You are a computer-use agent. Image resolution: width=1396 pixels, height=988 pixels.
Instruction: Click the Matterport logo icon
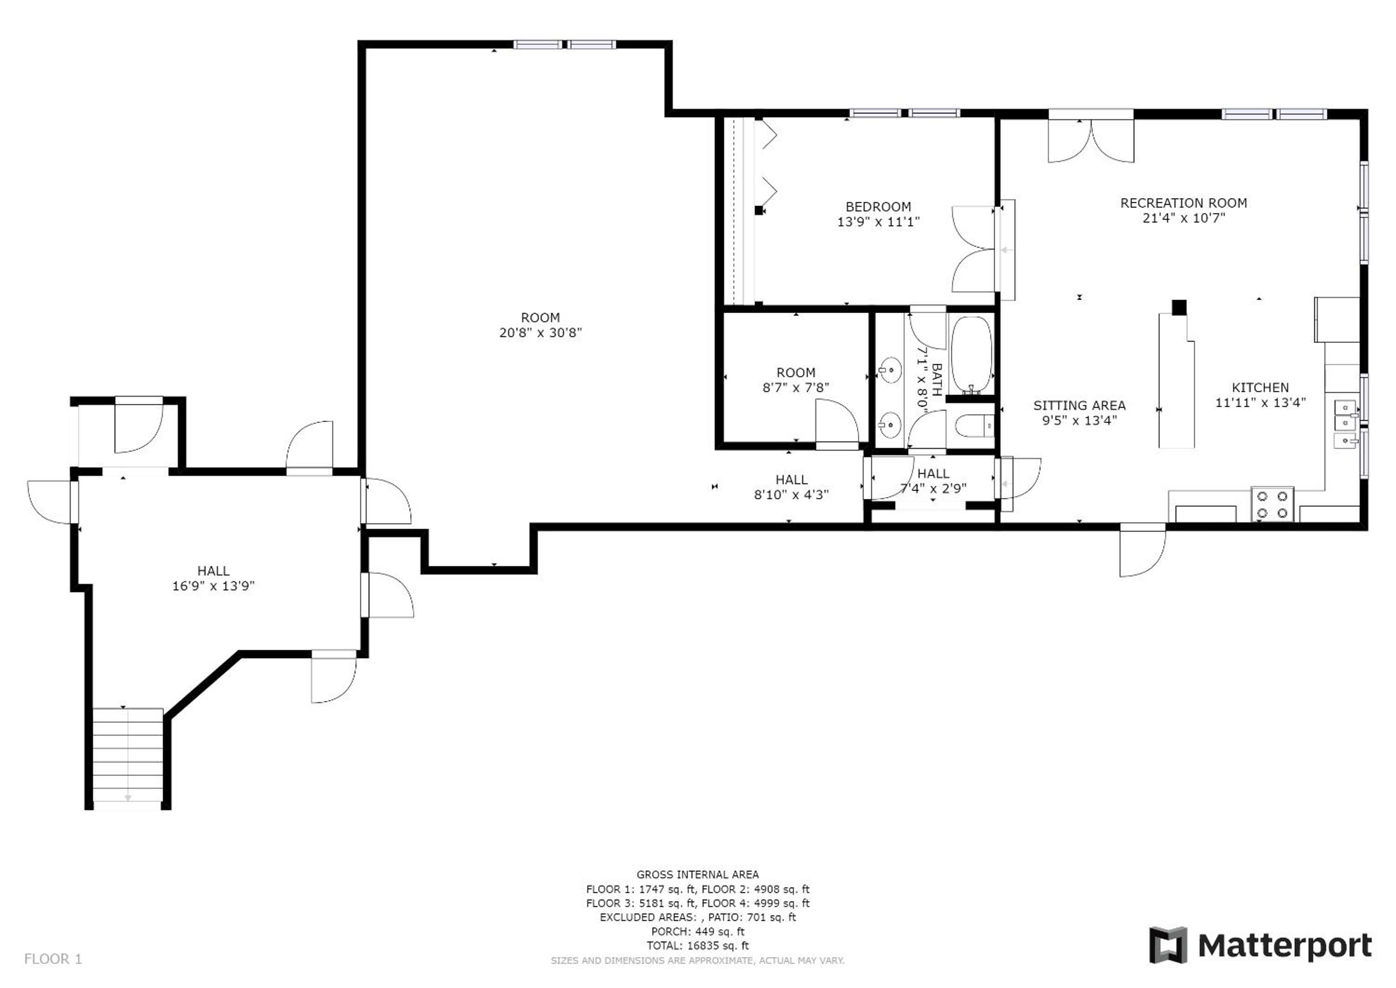tap(1167, 946)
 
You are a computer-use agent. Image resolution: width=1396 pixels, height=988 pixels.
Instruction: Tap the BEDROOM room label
tap(878, 207)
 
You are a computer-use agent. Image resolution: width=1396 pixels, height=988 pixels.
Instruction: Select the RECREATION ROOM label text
tap(1183, 203)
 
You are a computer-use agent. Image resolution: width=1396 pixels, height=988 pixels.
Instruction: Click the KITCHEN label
tap(1260, 387)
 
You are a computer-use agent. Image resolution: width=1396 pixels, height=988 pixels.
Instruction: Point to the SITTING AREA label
tap(1079, 405)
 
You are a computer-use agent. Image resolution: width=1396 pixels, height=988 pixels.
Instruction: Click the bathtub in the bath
tap(971, 355)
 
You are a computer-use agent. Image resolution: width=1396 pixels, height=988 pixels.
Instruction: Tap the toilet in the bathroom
tap(974, 425)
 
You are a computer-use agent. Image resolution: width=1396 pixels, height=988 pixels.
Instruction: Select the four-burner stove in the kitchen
tap(1272, 504)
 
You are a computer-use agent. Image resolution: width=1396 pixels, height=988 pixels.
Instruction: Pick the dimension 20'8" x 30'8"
tap(541, 333)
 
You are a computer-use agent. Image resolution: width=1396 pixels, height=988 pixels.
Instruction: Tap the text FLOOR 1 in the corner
tap(53, 960)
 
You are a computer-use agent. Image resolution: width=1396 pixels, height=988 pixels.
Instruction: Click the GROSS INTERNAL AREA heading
tap(697, 875)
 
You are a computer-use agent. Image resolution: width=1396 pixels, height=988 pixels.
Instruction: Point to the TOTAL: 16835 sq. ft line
tap(697, 946)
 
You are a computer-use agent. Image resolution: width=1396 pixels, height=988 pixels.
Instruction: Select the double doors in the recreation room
tap(1091, 140)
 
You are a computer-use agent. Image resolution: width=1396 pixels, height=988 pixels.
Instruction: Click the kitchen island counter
tap(1177, 381)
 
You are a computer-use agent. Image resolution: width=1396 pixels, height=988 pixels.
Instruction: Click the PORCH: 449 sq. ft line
tap(697, 932)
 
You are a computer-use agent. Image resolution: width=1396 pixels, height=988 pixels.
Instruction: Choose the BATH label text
tap(936, 380)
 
